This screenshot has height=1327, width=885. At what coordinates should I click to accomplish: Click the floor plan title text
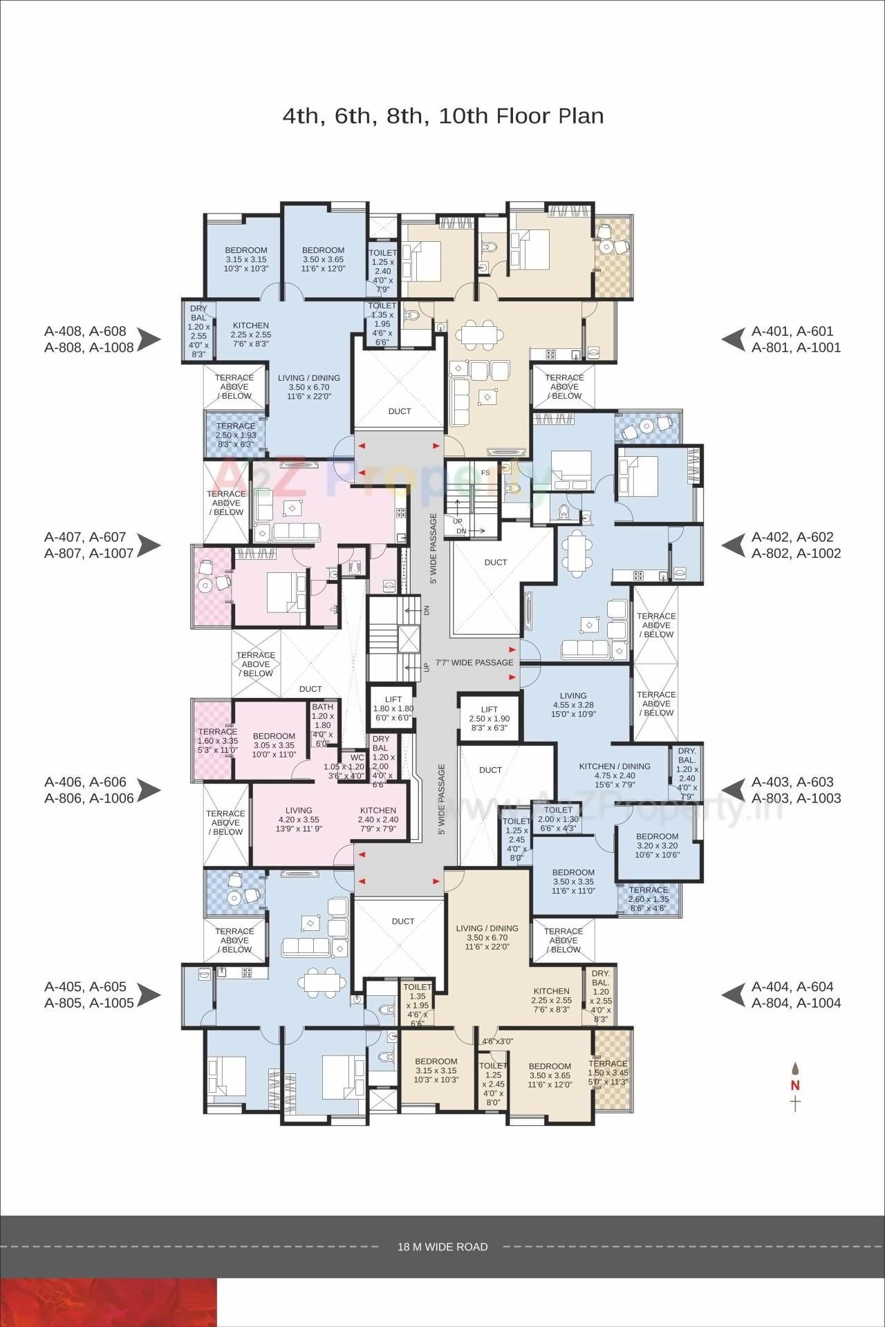tap(442, 115)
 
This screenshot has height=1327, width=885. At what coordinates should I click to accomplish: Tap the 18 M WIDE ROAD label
tap(442, 1247)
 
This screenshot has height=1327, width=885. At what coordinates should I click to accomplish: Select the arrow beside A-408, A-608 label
tap(149, 339)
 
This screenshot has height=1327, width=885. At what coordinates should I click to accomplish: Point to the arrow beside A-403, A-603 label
tap(734, 790)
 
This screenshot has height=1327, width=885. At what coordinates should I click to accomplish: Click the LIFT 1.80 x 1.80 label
tap(393, 708)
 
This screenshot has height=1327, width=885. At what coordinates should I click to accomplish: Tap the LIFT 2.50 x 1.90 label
tap(489, 718)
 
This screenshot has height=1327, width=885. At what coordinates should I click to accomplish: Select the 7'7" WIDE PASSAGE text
tap(474, 662)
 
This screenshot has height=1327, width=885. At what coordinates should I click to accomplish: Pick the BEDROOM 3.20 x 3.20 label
tap(657, 845)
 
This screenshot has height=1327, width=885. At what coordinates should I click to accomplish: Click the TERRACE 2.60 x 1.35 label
tap(649, 899)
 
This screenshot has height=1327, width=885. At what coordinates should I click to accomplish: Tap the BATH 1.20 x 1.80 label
tap(322, 725)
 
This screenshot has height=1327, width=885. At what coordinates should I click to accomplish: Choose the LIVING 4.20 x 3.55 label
tap(299, 819)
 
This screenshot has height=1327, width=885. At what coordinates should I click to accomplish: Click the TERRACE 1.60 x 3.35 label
tap(217, 740)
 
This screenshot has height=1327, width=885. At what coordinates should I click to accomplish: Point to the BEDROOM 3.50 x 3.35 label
tap(573, 881)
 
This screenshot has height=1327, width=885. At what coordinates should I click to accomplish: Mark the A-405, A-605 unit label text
tap(89, 995)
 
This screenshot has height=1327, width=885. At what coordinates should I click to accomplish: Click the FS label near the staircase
tap(485, 473)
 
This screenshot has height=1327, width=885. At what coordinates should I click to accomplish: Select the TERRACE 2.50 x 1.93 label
tap(236, 435)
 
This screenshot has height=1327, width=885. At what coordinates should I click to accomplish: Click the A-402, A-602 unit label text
tap(796, 545)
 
